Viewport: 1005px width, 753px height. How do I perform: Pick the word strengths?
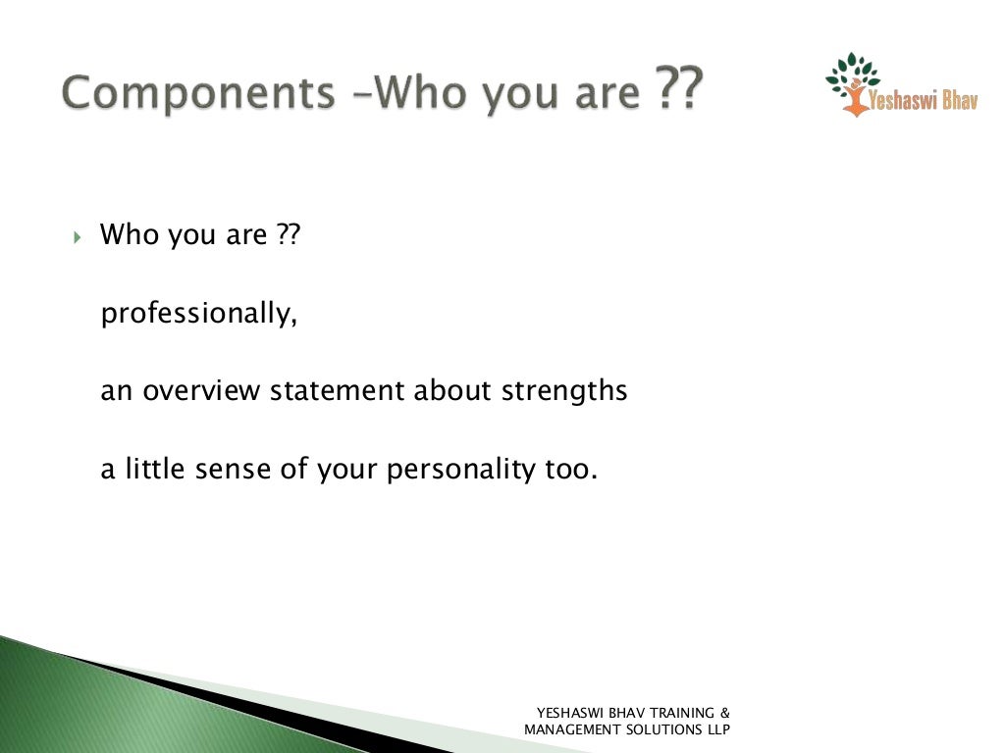pos(564,390)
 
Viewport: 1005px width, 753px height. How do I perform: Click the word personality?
pos(459,470)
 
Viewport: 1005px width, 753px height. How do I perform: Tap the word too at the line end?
pos(569,470)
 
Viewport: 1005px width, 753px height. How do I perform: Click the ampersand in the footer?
pos(724,713)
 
